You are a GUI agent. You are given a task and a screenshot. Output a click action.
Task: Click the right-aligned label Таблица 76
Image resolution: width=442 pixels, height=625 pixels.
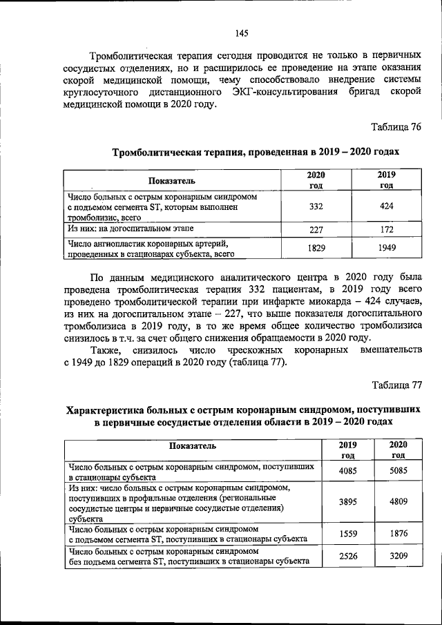396,127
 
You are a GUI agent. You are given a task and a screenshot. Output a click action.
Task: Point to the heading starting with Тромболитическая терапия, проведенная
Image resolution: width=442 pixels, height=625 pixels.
256,151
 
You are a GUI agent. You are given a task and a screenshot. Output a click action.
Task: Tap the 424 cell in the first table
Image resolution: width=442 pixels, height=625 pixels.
387,206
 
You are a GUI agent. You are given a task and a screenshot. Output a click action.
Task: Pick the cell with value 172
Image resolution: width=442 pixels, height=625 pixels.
387,229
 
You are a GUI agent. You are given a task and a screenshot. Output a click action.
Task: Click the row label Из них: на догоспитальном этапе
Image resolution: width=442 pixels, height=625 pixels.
131,227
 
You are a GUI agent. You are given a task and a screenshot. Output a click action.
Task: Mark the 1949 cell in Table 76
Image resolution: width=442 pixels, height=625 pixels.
387,247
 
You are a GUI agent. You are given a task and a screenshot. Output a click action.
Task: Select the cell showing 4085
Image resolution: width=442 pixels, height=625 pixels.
352,471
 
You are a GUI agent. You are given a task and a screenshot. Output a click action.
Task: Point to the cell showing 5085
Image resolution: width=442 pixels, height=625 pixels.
398,471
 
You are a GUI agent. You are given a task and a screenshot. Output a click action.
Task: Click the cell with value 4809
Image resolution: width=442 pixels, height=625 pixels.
398,502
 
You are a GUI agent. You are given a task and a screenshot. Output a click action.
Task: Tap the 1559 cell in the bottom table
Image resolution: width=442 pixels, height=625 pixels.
352,534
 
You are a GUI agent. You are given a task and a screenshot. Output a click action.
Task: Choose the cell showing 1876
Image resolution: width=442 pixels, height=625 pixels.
398,534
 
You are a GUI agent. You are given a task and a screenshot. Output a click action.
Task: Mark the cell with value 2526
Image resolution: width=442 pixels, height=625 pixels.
352,557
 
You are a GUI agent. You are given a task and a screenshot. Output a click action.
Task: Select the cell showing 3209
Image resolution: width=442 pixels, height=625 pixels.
398,557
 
